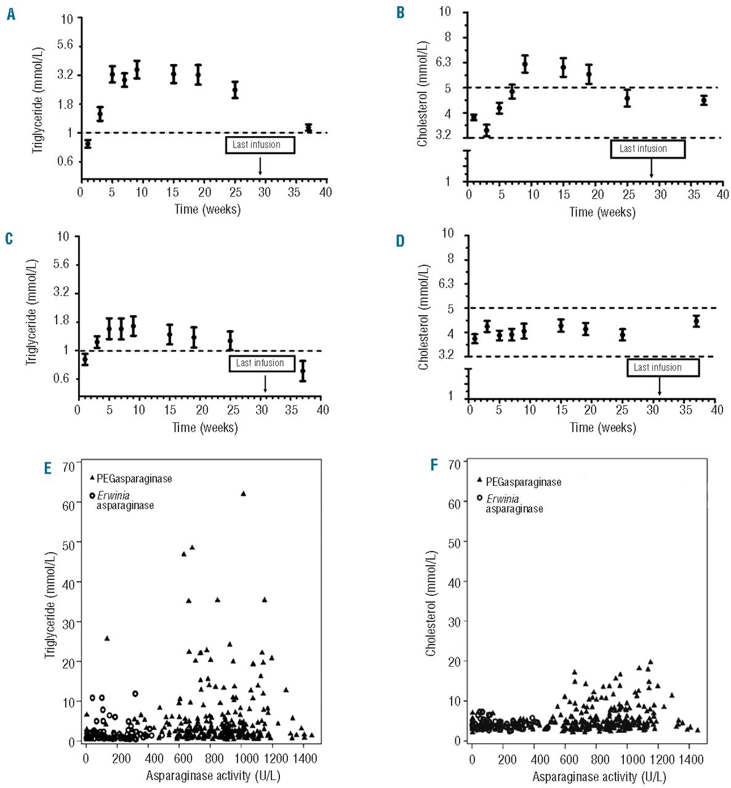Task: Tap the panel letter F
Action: pos(435,464)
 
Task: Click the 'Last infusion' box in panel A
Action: pos(260,145)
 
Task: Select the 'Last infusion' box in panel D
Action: pos(663,368)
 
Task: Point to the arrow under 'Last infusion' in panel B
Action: pos(651,168)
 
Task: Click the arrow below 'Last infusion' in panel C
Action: pos(265,384)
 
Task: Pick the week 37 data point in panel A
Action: pos(308,128)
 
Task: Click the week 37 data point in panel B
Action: pos(704,100)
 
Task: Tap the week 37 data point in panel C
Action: pos(303,371)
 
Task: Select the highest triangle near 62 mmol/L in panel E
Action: pos(243,494)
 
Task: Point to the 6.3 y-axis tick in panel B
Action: pos(442,62)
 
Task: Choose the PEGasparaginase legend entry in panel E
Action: pos(130,478)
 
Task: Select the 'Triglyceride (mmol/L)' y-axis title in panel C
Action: pos(31,313)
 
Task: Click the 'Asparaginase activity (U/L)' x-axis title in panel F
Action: pos(599,776)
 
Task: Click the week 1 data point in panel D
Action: pos(474,339)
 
